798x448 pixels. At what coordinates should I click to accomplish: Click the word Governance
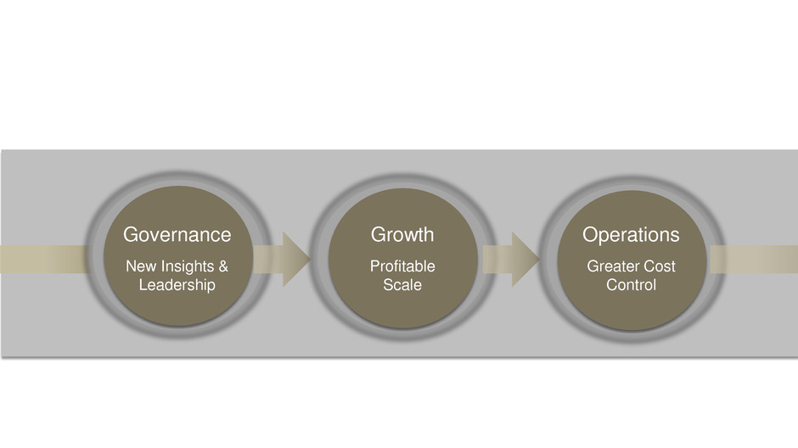177,234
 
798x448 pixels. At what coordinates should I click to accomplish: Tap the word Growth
402,234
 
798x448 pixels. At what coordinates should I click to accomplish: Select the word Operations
631,234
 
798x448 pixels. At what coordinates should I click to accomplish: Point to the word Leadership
177,285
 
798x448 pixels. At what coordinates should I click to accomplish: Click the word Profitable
402,266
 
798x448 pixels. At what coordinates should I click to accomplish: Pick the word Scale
402,285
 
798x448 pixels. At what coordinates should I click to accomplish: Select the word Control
631,285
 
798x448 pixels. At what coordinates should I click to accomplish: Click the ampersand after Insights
222,266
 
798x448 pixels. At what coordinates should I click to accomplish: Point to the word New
140,266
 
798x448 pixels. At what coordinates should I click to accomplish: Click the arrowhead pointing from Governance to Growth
294,259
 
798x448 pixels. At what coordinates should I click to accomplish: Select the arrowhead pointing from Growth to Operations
523,259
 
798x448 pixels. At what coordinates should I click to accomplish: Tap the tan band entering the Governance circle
42,260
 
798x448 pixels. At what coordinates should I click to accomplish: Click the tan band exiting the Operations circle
756,260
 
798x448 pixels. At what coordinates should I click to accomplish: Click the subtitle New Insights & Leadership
177,276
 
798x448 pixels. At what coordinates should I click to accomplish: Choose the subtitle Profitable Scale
402,276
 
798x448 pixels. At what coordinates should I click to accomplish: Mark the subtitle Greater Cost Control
631,276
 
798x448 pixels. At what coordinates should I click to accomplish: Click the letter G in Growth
379,234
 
